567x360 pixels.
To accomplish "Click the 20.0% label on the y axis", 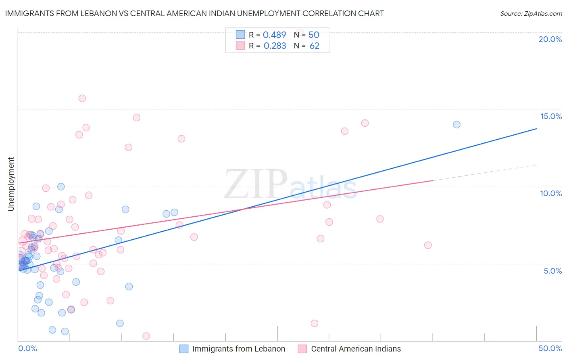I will (550, 39).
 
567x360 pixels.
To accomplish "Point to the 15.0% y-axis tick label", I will (551, 116).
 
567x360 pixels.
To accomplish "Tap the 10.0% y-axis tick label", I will (551, 193).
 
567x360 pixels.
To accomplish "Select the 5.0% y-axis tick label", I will (552, 271).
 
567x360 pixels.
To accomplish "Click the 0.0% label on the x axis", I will (27, 348).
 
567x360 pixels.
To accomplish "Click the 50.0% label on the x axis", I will (550, 348).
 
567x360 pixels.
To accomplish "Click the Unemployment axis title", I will (11, 184).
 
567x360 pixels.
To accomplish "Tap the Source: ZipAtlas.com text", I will (531, 13).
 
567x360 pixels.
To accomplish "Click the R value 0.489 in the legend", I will (274, 35).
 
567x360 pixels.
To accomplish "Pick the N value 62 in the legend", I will (314, 46).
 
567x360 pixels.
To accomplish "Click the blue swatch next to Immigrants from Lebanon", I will (184, 349).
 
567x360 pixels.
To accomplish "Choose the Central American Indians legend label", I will (356, 349).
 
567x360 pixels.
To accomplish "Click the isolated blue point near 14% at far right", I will (457, 125).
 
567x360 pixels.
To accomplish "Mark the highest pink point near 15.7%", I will (82, 98).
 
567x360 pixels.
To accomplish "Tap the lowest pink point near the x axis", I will (146, 336).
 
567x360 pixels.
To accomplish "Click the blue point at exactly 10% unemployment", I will (61, 186).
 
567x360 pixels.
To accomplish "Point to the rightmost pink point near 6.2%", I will (428, 245).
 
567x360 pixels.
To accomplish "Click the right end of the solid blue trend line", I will (536, 129).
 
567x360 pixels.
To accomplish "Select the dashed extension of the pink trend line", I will (484, 173).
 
